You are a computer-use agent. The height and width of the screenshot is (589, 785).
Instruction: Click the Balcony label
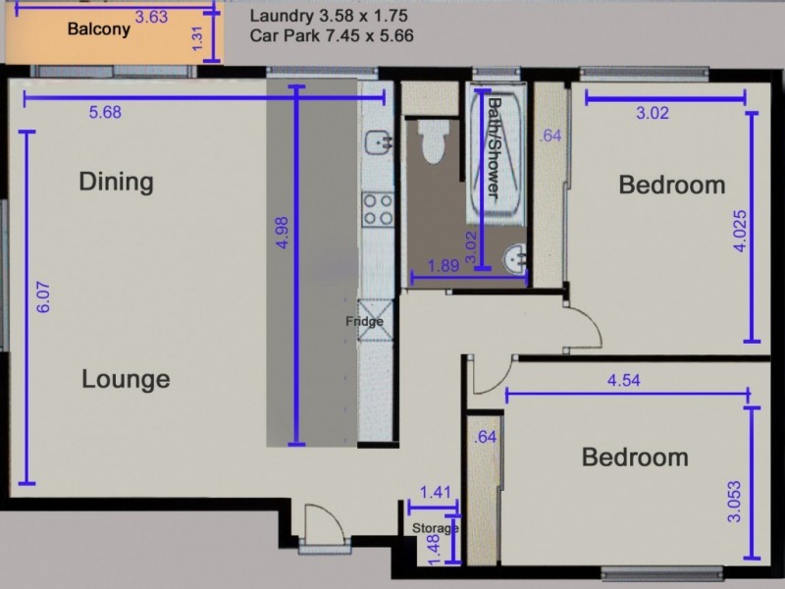pos(98,29)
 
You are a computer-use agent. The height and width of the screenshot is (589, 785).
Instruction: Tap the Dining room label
pos(117,182)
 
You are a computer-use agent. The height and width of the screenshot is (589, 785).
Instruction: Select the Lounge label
pos(126,379)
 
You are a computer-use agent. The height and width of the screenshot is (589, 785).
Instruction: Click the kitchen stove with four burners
pos(377,207)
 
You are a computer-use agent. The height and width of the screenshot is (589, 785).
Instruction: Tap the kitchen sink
pos(377,143)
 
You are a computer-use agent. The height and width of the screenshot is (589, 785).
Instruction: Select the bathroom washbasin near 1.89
pos(513,260)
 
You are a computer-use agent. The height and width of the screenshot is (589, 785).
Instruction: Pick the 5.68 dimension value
pos(105,113)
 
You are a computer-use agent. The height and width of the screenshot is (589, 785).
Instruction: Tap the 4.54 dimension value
pos(624,382)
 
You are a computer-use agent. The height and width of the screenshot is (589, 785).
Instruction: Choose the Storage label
pos(434,528)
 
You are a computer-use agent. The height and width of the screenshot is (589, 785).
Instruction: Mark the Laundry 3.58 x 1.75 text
pos(329,17)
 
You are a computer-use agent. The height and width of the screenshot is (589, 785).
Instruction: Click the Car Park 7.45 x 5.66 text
pos(332,35)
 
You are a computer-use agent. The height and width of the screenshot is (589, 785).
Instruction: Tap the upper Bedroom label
pos(672,185)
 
